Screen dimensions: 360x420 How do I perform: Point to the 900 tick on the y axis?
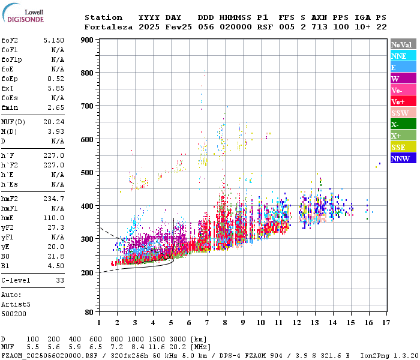[x=88, y=40]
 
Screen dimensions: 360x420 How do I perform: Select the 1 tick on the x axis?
[x=99, y=323]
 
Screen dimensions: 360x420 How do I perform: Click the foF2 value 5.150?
[x=53, y=40]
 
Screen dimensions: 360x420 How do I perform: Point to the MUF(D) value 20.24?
[x=53, y=122]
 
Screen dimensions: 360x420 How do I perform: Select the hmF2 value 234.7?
[x=53, y=199]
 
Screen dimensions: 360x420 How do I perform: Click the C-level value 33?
[x=60, y=280]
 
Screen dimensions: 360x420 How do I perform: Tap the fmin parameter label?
[x=10, y=107]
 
